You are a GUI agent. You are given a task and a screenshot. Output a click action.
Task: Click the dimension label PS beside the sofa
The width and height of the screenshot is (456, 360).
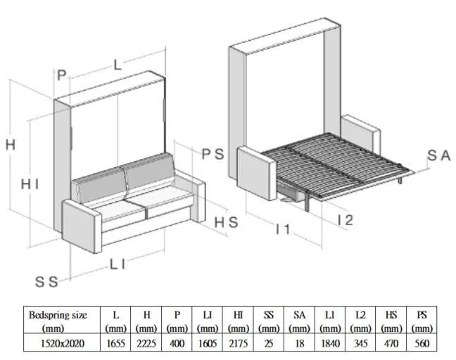click(x=213, y=154)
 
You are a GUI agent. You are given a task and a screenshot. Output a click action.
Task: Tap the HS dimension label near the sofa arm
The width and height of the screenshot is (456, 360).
click(x=227, y=222)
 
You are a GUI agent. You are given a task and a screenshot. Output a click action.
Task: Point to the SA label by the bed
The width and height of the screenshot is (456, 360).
click(x=439, y=155)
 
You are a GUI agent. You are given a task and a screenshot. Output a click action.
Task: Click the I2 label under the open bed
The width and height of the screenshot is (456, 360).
click(x=346, y=220)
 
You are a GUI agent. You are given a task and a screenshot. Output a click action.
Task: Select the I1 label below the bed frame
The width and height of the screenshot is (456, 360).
click(x=283, y=229)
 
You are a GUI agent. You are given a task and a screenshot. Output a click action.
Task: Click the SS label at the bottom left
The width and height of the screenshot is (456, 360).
click(x=46, y=282)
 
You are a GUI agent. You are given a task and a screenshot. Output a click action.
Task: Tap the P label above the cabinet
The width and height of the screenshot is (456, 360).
click(x=62, y=75)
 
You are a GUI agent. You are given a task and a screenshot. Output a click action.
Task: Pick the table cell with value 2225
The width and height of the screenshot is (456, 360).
click(x=146, y=343)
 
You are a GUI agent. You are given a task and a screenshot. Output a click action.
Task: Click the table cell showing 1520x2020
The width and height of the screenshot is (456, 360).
click(x=62, y=343)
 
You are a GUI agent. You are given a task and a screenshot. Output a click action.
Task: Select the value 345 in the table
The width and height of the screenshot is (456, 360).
click(x=360, y=343)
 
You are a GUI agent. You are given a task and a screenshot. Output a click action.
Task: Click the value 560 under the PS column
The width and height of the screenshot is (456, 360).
click(x=422, y=343)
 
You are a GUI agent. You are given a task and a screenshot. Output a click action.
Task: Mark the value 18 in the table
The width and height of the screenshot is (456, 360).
click(x=299, y=343)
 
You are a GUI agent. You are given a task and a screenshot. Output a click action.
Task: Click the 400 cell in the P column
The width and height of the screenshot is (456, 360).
click(x=177, y=343)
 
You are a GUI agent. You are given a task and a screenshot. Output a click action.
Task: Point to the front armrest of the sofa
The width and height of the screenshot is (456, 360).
click(x=82, y=226)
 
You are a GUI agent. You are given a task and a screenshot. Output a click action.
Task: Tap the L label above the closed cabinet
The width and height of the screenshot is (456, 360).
click(x=118, y=65)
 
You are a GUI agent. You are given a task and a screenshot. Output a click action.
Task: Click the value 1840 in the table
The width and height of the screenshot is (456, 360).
click(x=330, y=343)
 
